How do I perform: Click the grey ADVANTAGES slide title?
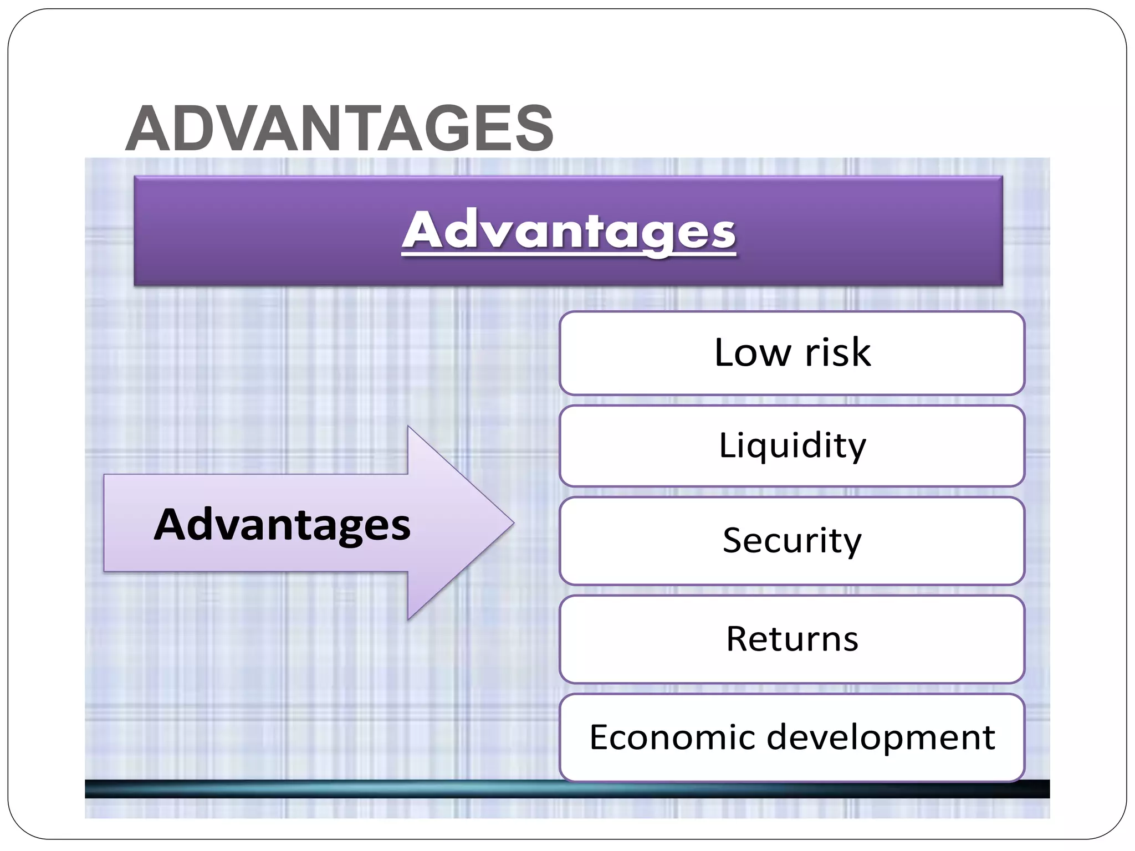coord(339,129)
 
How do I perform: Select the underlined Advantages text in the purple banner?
coord(569,231)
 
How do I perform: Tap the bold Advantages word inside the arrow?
coord(282,524)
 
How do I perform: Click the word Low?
coord(752,353)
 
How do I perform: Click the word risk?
coord(837,353)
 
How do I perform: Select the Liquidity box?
coord(792,446)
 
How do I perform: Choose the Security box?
coord(792,541)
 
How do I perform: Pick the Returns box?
coord(792,639)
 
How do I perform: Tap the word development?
coord(881,737)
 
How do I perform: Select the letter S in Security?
coord(733,541)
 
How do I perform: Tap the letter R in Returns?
coord(737,639)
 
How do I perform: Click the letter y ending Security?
coord(852,544)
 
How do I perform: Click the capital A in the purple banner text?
coord(425,230)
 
